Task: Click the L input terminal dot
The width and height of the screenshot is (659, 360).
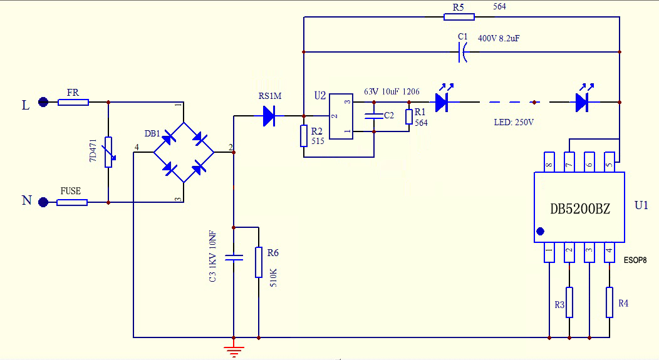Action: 43,102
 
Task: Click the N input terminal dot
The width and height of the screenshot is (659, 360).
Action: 43,202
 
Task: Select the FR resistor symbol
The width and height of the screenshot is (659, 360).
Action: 73,102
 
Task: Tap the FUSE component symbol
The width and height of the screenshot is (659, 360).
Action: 72,202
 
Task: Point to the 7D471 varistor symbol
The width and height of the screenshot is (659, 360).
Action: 109,152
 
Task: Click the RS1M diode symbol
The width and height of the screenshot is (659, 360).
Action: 270,115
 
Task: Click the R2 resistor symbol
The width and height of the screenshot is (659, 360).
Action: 304,136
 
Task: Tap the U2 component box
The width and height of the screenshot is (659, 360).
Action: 341,117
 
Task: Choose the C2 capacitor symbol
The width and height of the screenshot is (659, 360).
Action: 374,116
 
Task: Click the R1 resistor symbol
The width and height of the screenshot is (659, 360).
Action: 408,117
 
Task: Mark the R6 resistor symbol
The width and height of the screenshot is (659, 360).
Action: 258,262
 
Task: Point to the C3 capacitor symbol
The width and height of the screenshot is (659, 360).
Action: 233,257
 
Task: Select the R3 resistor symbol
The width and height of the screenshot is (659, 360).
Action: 569,302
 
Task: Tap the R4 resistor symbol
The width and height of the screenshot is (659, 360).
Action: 609,302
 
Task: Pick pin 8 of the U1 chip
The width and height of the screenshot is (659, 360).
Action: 549,162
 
